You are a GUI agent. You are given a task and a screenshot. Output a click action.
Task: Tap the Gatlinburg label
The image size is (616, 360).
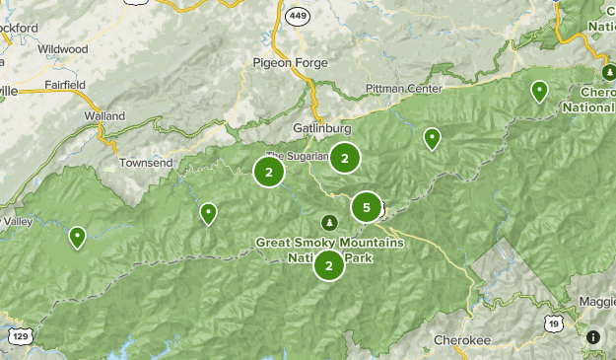tap(321, 128)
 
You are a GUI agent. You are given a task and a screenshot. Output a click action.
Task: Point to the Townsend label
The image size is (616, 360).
tap(145, 162)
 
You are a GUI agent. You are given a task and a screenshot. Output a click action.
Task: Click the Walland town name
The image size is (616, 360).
tap(104, 115)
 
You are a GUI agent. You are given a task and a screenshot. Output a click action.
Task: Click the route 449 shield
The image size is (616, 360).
tap(297, 16)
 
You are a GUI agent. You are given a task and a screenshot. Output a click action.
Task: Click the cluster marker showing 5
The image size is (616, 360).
tap(366, 207)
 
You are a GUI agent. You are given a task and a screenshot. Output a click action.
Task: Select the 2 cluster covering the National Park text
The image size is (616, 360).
tap(328, 265)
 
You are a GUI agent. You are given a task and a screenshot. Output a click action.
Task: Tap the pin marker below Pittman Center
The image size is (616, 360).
tap(432, 138)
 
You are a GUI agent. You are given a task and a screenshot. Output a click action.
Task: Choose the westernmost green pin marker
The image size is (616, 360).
tap(77, 236)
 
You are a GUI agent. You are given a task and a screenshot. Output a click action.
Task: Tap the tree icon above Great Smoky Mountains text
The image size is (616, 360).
tap(330, 220)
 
